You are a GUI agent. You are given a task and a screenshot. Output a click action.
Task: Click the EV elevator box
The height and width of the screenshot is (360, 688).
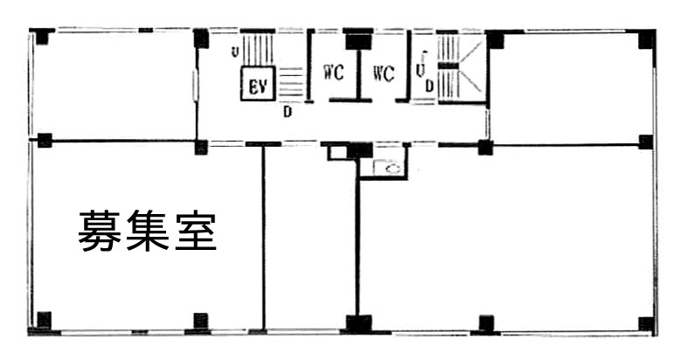[x=258, y=84]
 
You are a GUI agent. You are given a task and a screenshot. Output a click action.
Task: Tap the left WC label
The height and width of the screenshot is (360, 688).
[x=333, y=73]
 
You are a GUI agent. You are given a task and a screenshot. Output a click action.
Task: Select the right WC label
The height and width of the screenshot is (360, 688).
[x=384, y=73]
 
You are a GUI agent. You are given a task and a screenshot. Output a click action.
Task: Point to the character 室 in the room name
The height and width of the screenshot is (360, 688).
[x=196, y=231]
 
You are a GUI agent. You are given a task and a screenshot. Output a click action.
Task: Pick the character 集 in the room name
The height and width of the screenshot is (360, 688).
[x=148, y=231]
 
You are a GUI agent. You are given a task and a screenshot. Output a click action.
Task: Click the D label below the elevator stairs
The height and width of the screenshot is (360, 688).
[x=288, y=112]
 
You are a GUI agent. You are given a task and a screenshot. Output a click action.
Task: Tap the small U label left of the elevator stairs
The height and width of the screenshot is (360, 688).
[x=235, y=52]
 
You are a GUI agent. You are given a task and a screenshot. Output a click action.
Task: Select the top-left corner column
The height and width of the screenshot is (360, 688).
[x=43, y=37]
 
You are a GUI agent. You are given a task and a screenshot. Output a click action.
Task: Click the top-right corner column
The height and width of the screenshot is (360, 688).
[x=647, y=39]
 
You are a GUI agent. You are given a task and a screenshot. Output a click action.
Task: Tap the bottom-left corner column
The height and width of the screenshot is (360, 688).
[x=44, y=320]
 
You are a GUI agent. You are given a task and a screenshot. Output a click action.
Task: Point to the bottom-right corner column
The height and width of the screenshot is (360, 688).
[x=647, y=324]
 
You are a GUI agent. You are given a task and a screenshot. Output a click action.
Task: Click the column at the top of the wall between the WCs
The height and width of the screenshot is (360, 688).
[x=359, y=39]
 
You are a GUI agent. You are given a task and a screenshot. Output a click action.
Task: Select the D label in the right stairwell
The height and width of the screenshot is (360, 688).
[x=428, y=87]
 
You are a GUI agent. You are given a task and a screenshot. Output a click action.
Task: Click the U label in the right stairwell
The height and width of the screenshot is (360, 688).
[x=420, y=70]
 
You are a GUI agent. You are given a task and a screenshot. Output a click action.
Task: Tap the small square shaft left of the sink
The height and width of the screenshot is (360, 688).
[x=337, y=153]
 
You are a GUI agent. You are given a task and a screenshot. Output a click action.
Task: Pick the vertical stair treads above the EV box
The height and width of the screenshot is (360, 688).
[x=258, y=50]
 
